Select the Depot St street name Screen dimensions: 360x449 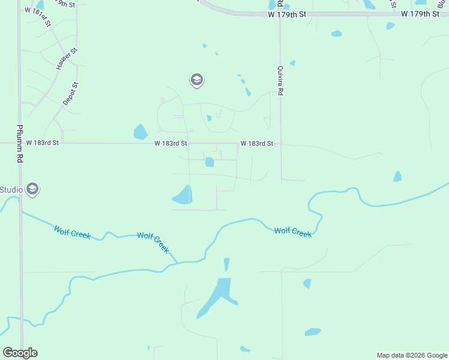pyautogui.click(x=71, y=94)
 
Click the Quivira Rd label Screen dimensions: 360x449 pyautogui.click(x=280, y=80)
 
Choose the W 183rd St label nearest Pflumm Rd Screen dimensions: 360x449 pyautogui.click(x=43, y=143)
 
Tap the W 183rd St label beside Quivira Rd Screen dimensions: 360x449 pyautogui.click(x=257, y=143)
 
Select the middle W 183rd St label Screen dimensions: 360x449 pyautogui.click(x=171, y=143)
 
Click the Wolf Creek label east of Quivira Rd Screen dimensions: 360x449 pyautogui.click(x=293, y=232)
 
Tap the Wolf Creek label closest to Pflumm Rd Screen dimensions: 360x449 pyautogui.click(x=72, y=232)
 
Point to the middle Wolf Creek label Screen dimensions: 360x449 pyautogui.click(x=153, y=242)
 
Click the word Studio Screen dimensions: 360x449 pyautogui.click(x=11, y=190)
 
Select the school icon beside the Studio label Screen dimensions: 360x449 pyautogui.click(x=32, y=190)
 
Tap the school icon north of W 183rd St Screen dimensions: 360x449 pyautogui.click(x=196, y=80)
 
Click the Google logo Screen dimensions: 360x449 pyautogui.click(x=20, y=353)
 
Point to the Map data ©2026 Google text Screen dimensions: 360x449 pyautogui.click(x=412, y=355)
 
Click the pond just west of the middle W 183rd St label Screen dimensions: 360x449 pyautogui.click(x=140, y=132)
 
